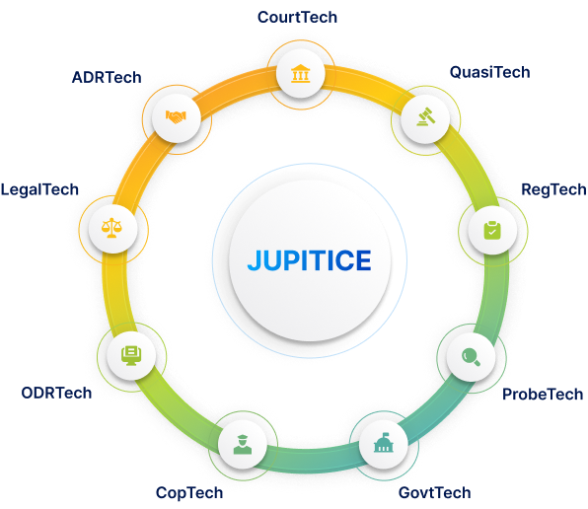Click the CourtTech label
click(x=297, y=17)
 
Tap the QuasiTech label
click(x=489, y=72)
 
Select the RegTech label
click(x=553, y=189)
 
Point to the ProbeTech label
click(x=543, y=395)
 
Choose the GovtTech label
click(x=435, y=493)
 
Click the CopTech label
click(x=189, y=493)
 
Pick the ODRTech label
click(x=56, y=394)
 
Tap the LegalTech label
click(x=39, y=189)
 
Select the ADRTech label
click(x=107, y=78)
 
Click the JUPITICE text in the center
click(x=310, y=260)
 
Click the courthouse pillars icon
click(x=300, y=73)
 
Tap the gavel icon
click(x=426, y=117)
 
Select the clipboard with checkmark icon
click(x=492, y=230)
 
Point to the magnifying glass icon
click(x=471, y=357)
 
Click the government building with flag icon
click(x=383, y=443)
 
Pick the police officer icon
click(x=243, y=444)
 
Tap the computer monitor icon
click(x=131, y=356)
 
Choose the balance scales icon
click(x=111, y=228)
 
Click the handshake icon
click(x=176, y=117)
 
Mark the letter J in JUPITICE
click(x=255, y=260)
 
